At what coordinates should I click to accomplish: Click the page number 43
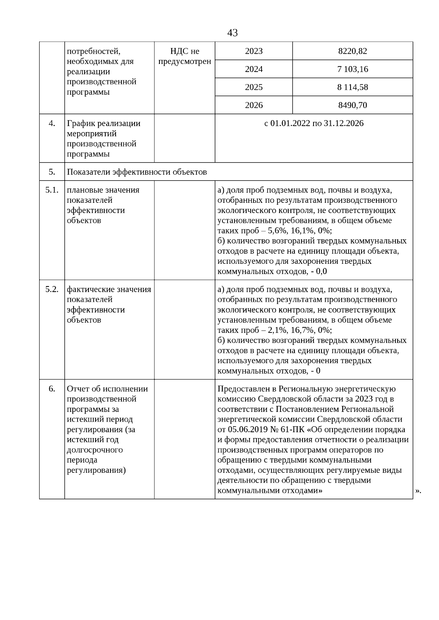pos(232,33)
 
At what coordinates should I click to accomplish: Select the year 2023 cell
pos(254,51)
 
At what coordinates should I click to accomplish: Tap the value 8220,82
pos(352,51)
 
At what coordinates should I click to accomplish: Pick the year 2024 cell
pos(254,69)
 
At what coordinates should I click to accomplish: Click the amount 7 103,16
pos(352,69)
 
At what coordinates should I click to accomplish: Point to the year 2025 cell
pos(254,87)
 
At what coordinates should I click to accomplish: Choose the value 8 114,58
pos(352,87)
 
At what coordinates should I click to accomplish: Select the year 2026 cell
pos(254,105)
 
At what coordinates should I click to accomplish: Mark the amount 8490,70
pos(352,105)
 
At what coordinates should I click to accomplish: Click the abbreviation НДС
pos(179,51)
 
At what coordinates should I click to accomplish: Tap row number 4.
pos(52,123)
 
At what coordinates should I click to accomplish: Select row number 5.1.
pos(52,190)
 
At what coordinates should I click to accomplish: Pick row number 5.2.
pos(52,289)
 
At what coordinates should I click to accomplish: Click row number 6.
pos(52,389)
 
